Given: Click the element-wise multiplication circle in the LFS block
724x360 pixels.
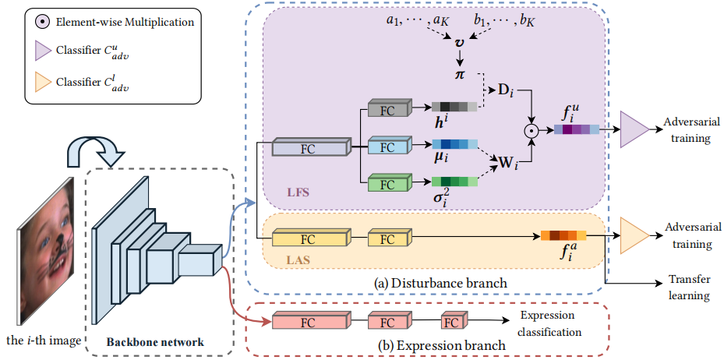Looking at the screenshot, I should (x=532, y=130).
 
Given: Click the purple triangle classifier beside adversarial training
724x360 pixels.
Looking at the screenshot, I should (x=634, y=129).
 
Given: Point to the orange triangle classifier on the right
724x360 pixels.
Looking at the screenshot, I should (x=633, y=235).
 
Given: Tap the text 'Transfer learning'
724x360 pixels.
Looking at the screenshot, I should (x=689, y=288).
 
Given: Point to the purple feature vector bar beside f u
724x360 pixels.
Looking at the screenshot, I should (x=577, y=130).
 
